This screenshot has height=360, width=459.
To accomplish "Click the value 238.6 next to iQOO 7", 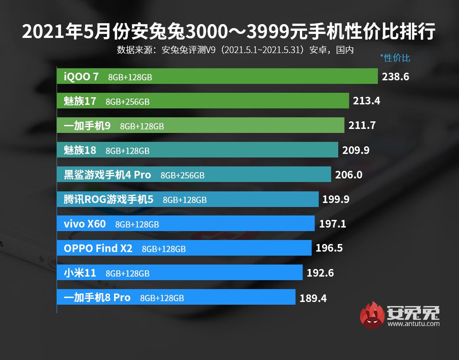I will (395, 77).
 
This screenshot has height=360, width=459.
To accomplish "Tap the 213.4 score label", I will (366, 101).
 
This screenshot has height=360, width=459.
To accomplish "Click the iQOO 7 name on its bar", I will (81, 77).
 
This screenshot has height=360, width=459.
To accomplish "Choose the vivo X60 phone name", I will (85, 224).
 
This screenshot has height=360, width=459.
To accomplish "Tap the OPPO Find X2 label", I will (98, 248).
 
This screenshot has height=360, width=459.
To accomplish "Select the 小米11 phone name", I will (80, 273).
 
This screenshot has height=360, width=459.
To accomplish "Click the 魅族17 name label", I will (80, 101).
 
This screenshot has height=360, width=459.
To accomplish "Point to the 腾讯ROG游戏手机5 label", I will (108, 199).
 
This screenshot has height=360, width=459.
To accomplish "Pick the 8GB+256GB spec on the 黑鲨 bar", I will (182, 175).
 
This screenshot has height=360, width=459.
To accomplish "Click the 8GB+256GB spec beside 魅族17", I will (127, 102).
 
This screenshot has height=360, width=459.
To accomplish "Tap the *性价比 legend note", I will (395, 58).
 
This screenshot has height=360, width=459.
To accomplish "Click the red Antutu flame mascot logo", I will (372, 314).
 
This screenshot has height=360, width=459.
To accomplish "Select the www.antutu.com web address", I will (414, 324).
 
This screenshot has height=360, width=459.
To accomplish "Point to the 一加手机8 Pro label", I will (97, 298).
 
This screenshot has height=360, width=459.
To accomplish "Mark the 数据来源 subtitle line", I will (235, 49).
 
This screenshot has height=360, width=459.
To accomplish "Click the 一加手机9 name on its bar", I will (87, 126).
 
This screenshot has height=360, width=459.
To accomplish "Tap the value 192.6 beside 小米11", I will (320, 273).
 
